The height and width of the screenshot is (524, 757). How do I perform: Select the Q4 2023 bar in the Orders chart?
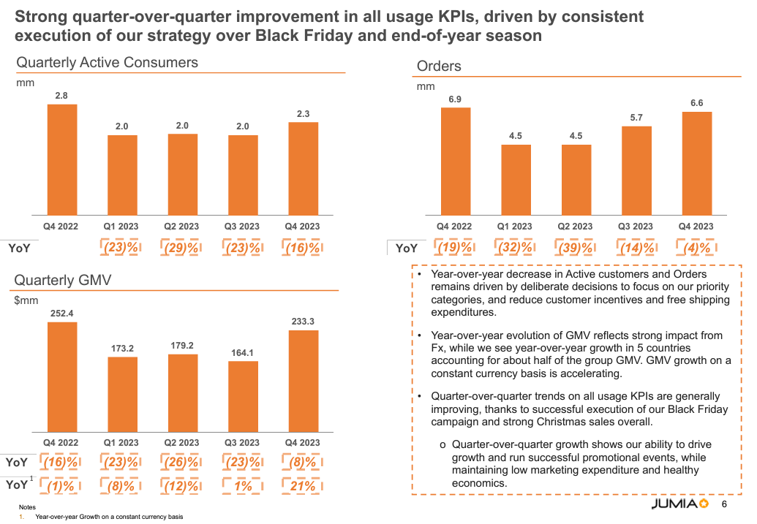click(697, 162)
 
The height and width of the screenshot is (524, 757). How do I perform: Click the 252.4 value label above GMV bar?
click(62, 314)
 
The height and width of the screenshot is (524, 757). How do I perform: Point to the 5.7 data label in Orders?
click(636, 118)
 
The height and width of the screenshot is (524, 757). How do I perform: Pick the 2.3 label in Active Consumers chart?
click(303, 113)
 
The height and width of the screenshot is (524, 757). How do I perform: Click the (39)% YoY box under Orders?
click(576, 248)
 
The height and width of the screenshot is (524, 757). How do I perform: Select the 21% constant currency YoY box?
click(303, 486)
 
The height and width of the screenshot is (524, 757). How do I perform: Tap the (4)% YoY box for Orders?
click(696, 248)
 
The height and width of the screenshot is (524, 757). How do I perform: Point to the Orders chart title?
click(439, 67)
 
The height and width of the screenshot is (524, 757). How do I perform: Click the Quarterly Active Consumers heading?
click(108, 63)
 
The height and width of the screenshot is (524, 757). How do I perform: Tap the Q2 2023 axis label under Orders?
click(576, 227)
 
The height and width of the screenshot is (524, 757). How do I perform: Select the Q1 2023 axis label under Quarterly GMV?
click(122, 443)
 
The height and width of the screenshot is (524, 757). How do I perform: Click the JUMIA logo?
click(679, 504)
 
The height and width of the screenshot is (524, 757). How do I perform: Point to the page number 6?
click(724, 505)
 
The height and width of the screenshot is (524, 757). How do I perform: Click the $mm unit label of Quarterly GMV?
click(27, 300)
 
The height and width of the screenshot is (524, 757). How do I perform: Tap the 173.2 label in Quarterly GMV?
click(122, 349)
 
